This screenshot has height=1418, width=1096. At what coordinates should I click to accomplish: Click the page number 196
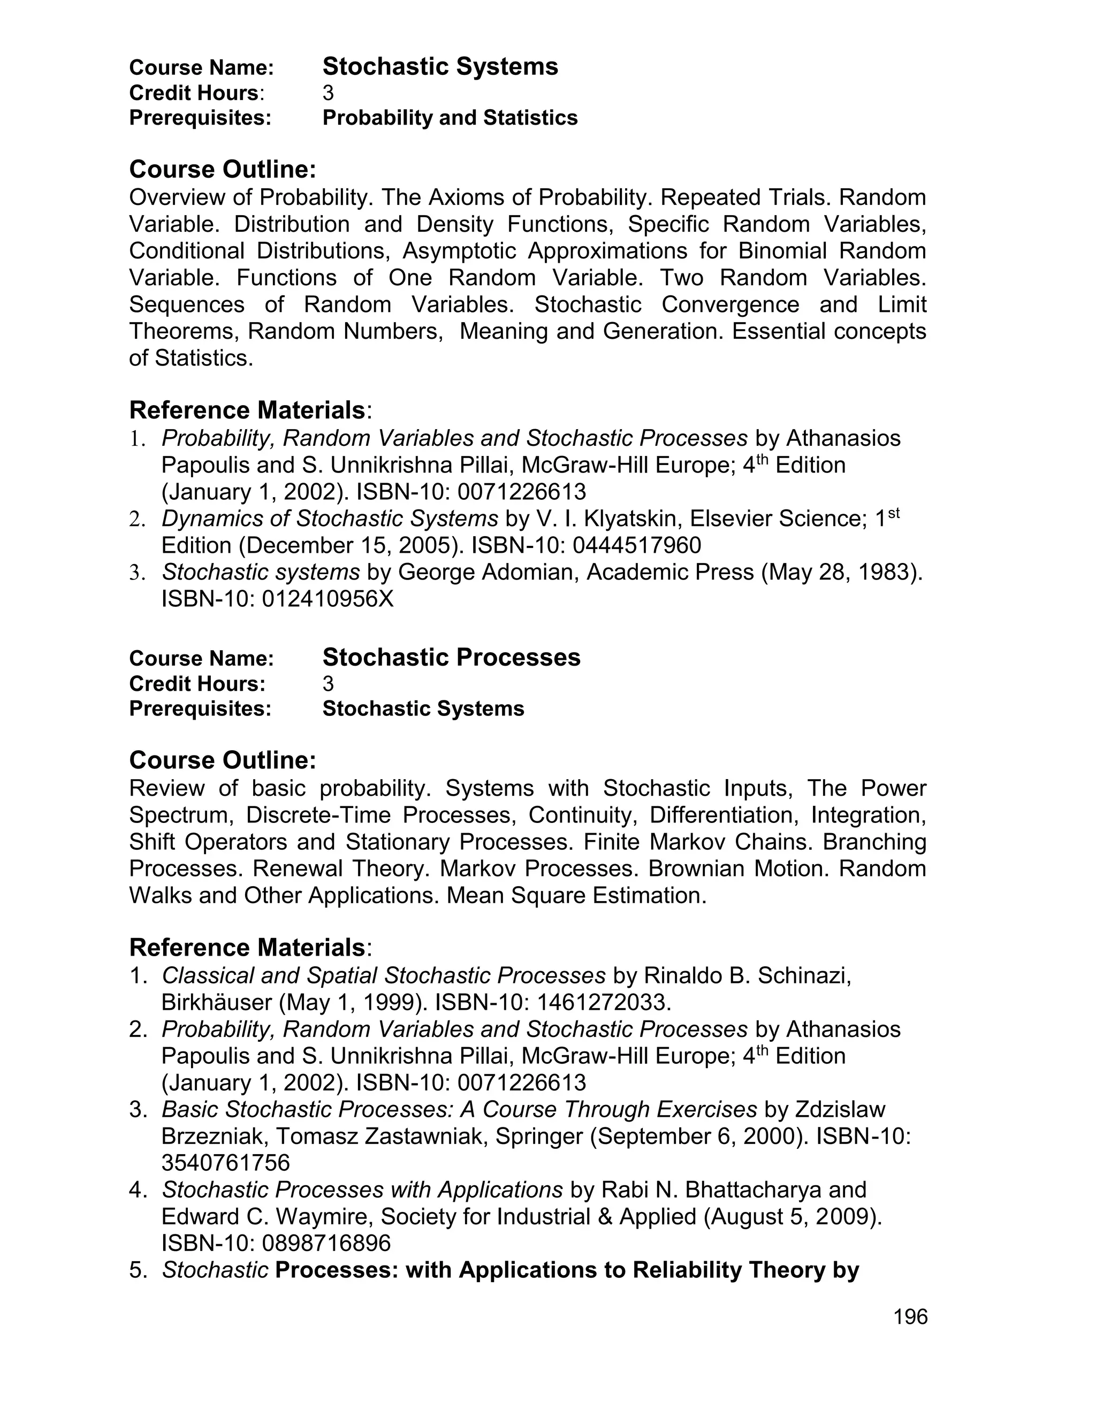click(910, 1317)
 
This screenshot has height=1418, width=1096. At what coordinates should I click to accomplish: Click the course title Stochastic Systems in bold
click(440, 67)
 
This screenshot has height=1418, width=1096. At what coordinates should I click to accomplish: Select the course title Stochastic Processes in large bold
click(451, 658)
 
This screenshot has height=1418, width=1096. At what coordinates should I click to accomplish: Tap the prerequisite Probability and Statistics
click(450, 118)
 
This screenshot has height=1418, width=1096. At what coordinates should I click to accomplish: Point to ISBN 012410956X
click(328, 599)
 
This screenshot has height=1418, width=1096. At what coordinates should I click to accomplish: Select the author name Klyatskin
click(634, 519)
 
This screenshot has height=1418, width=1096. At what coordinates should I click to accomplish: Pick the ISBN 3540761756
click(225, 1163)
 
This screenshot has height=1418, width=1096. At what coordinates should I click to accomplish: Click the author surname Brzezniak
click(208, 1136)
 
